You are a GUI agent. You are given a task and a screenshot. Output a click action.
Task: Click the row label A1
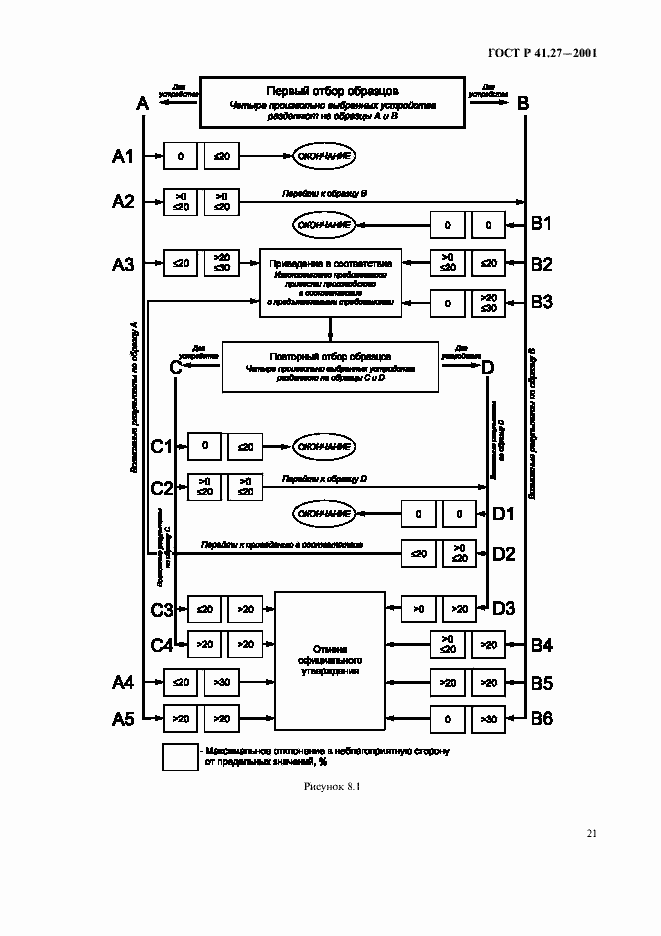[122, 156]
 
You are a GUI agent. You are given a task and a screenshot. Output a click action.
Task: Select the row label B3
[541, 301]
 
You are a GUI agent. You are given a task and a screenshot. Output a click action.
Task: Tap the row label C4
[161, 645]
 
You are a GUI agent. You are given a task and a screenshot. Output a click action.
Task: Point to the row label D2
[503, 552]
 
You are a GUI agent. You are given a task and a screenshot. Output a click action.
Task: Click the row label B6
[541, 717]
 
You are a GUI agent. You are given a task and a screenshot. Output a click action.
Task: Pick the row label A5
[122, 717]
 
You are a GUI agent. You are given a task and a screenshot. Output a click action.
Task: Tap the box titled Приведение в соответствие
[330, 283]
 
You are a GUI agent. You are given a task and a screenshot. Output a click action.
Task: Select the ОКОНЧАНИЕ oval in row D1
[324, 514]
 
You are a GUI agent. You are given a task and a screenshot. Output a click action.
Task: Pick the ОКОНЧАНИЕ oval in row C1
[324, 446]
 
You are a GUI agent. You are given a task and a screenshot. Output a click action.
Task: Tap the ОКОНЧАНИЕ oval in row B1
[324, 224]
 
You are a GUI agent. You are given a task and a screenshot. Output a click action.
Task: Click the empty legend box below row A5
[180, 756]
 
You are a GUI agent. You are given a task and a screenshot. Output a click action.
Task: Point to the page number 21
[592, 832]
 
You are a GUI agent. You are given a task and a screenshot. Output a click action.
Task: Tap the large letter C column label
[176, 367]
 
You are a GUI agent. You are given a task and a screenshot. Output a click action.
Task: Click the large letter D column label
[487, 367]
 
